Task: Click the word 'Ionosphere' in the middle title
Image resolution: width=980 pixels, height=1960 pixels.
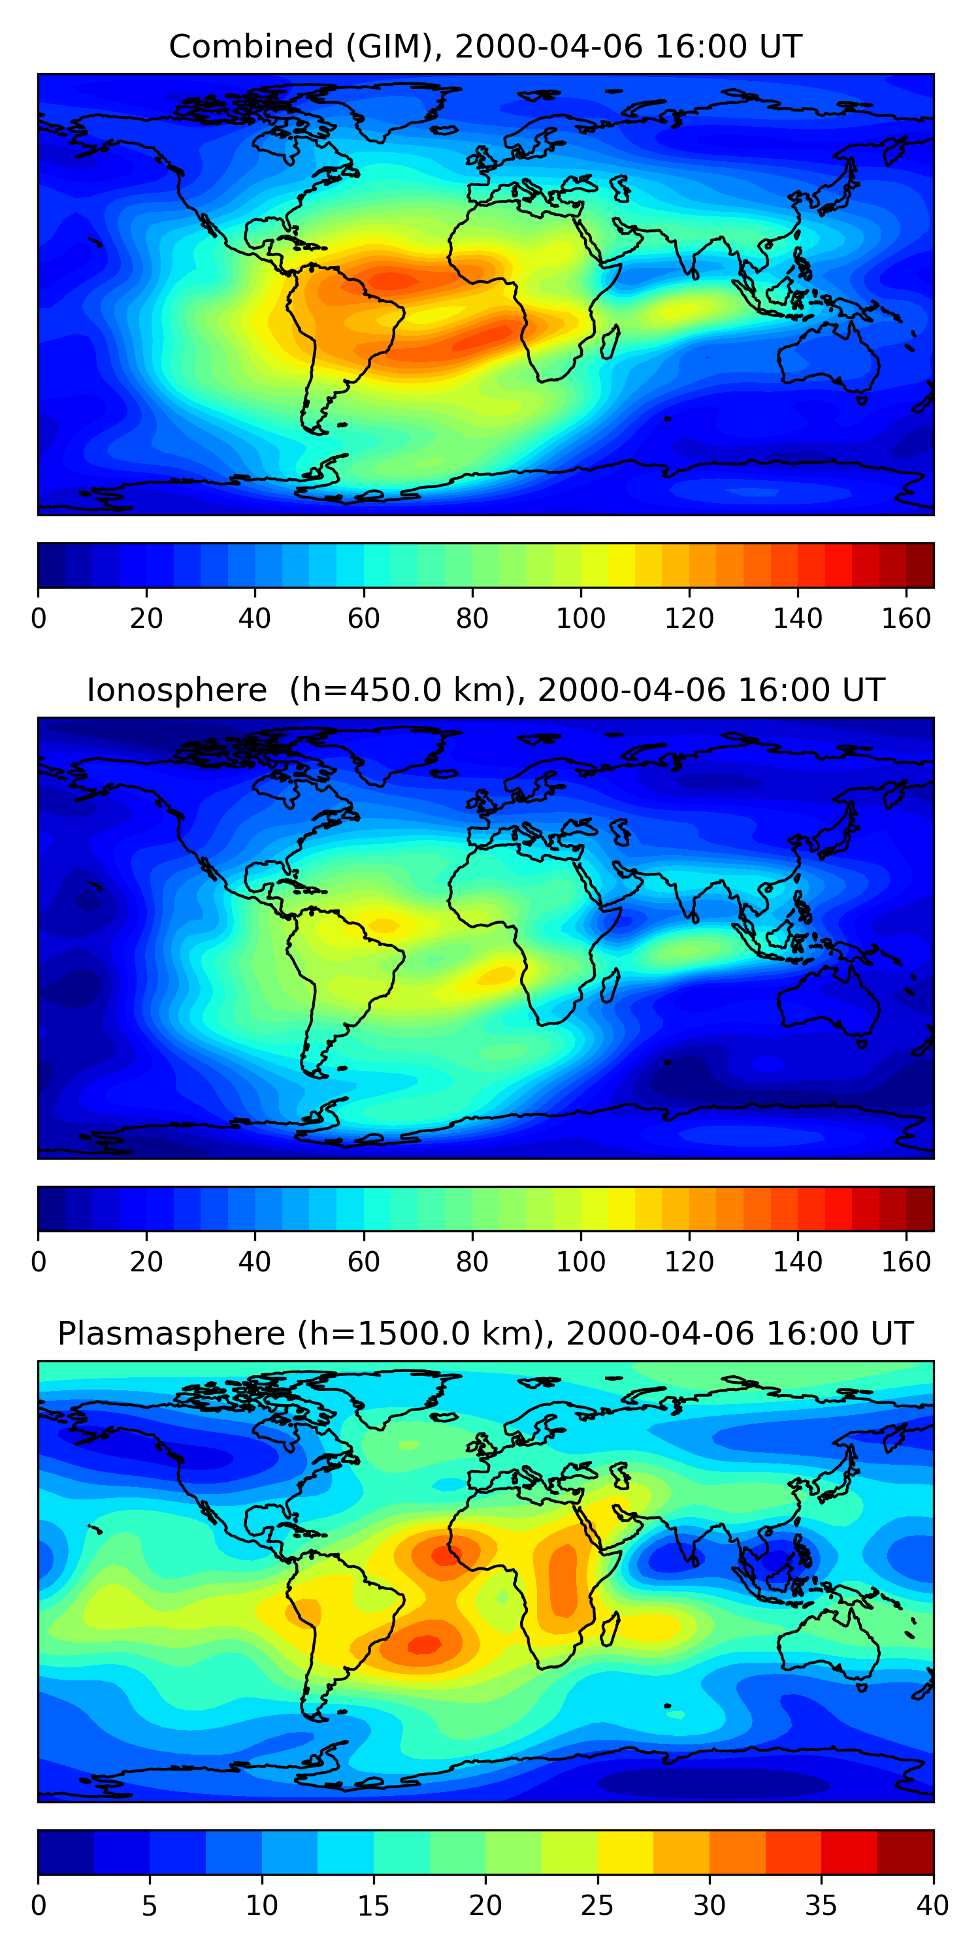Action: point(176,691)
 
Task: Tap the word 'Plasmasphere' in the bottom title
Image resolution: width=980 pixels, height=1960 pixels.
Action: point(171,1334)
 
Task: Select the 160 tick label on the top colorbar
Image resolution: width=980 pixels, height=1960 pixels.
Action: point(906,619)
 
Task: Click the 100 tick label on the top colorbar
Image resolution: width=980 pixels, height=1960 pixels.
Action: point(581,619)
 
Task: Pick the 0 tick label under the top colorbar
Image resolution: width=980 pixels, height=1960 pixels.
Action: point(39,619)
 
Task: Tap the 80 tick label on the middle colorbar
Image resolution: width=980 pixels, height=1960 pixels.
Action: point(472,1262)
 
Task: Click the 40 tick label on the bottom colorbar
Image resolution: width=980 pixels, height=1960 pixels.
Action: point(932,1906)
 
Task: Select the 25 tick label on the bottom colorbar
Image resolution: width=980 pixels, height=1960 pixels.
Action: point(597,1906)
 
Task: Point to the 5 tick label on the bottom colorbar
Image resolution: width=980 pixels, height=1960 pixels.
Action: point(149,1906)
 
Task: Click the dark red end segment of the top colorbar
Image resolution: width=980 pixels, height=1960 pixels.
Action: point(920,565)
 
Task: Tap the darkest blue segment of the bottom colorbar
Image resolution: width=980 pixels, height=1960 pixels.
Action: point(65,1853)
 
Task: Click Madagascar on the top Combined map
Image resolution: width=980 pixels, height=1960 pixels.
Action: point(609,342)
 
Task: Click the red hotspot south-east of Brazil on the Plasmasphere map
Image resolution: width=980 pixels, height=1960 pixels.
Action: point(425,1644)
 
